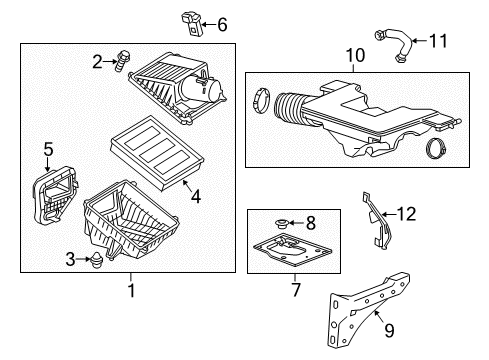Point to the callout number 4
pos(195,197)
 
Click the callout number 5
pos(46,151)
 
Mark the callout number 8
pos(310,223)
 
